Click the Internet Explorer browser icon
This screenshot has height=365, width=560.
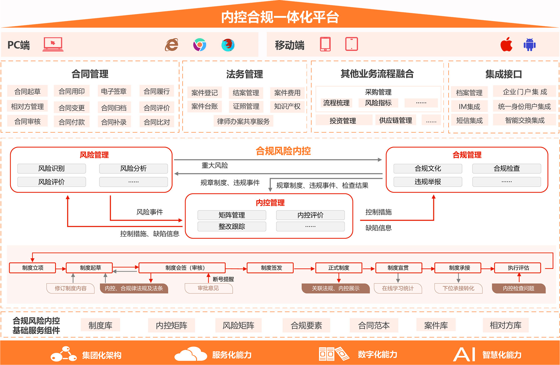pos(172,45)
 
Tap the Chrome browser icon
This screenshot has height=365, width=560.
pos(199,45)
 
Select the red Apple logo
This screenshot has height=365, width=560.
pos(506,44)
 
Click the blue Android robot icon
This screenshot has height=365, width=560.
pos(529,45)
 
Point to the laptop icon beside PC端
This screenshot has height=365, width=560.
pos(53,44)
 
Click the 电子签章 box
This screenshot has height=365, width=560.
pos(114,91)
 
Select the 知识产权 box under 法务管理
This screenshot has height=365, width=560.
pos(287,106)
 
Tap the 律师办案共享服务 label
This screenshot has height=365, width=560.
pos(243,121)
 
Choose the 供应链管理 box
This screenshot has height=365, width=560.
pos(395,120)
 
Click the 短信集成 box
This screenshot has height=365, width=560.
pos(469,120)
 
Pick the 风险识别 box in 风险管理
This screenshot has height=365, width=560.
pos(52,168)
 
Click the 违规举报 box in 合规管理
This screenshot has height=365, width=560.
pos(428,182)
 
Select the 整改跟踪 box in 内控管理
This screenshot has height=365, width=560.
pos(232,227)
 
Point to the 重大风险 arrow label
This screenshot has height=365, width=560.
pos(215,165)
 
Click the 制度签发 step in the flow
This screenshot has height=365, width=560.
pos(271,268)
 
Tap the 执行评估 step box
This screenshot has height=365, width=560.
pos(518,268)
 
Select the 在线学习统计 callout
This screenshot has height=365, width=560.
pos(398,288)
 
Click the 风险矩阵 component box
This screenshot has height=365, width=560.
pos(238,325)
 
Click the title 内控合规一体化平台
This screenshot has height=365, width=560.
pos(280,17)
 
